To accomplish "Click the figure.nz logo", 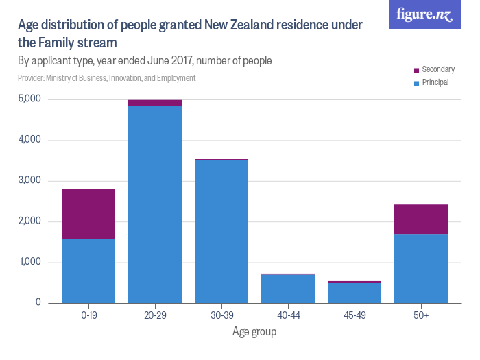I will [x=424, y=14].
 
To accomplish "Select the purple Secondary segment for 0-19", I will [x=88, y=213].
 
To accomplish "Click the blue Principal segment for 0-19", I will [x=88, y=271].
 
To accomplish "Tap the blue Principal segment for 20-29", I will [x=155, y=204].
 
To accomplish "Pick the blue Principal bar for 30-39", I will [x=221, y=231].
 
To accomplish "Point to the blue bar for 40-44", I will [x=288, y=289].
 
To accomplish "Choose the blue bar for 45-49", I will [x=355, y=293].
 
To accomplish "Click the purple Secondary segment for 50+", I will [x=421, y=219].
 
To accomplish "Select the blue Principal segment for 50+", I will [x=421, y=268].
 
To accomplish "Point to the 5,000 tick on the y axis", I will [x=30, y=99].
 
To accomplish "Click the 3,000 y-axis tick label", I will [x=30, y=181].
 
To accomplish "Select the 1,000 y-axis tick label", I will [x=30, y=263].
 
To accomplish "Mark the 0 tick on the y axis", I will [x=38, y=303].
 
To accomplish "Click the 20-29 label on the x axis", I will [x=155, y=315].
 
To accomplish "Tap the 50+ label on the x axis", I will [x=421, y=315].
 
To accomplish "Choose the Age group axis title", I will [x=254, y=332].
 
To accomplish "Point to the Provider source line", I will [x=107, y=78].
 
